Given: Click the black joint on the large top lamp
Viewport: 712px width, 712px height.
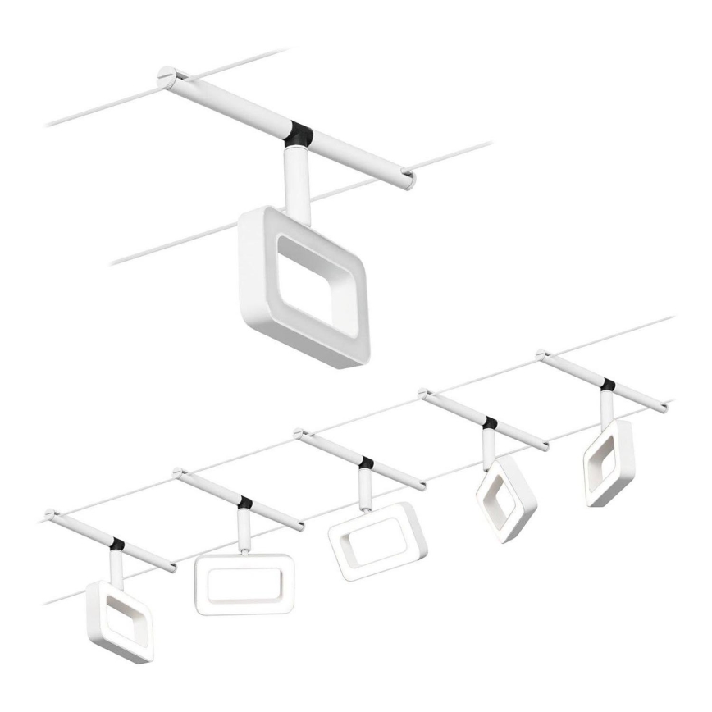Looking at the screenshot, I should tap(300, 135).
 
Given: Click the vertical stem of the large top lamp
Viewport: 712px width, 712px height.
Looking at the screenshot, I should tap(294, 176).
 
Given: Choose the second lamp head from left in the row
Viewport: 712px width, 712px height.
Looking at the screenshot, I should tap(244, 584).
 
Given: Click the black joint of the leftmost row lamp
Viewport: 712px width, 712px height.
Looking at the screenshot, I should tap(117, 544).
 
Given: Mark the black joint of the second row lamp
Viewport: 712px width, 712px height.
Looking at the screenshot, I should tap(244, 501).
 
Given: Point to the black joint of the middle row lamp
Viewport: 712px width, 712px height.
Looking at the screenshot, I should tap(366, 463).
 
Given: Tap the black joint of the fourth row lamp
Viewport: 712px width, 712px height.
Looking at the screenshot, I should tap(491, 423).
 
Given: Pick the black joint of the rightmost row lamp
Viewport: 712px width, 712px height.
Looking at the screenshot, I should tap(608, 384).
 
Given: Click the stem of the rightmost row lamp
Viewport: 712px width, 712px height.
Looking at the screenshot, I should tap(605, 404).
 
